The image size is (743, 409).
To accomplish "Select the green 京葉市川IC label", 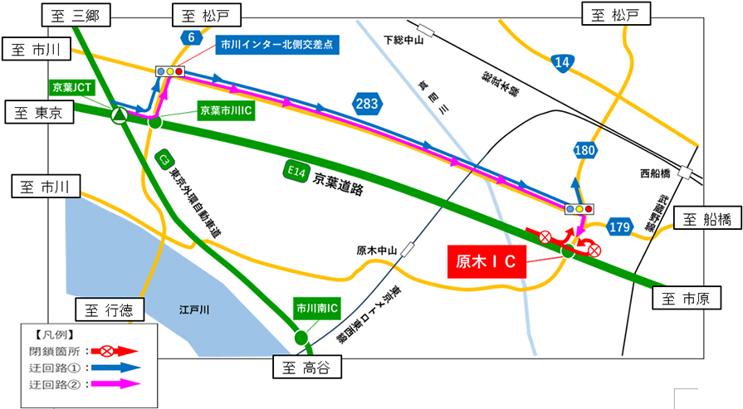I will pos(225,109).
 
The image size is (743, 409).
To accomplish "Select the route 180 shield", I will pos(584,150).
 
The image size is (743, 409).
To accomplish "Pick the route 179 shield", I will pos(620,225).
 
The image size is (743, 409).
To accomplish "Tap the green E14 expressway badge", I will pos(294,172).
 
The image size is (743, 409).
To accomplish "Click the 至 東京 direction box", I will pos(39,112).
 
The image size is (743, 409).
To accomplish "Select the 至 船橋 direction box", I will pos(706,219).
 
